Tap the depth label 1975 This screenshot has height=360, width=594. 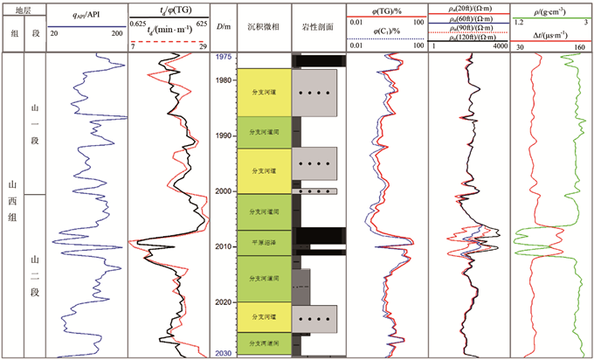pyautogui.click(x=224, y=57)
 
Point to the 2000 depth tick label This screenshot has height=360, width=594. pyautogui.click(x=224, y=191)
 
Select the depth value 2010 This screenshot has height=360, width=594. pyautogui.click(x=224, y=247)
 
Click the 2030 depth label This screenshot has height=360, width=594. pyautogui.click(x=224, y=353)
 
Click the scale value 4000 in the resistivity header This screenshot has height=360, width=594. pyautogui.click(x=500, y=46)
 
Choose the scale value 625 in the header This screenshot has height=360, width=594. pyautogui.click(x=202, y=20)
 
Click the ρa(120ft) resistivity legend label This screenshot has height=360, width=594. pyautogui.click(x=469, y=38)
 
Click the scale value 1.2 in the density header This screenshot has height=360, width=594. pyautogui.click(x=519, y=20)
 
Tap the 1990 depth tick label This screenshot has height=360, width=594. pyautogui.click(x=224, y=135)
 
